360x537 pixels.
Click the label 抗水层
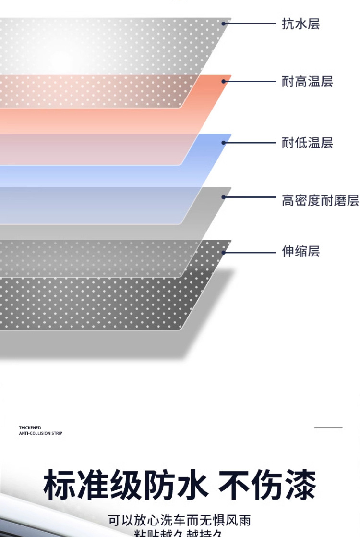[x=300, y=24]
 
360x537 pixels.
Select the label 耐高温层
[x=307, y=82]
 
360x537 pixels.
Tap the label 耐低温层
[x=307, y=143]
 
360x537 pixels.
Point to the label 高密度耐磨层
[x=320, y=200]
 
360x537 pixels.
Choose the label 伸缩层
[x=300, y=251]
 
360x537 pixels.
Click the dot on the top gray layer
[x=224, y=23]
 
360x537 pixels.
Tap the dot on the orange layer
[x=224, y=81]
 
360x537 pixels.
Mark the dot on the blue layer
[x=224, y=143]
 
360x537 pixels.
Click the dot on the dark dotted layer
[x=224, y=252]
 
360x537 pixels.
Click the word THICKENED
[x=30, y=428]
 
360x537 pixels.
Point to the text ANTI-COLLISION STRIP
[x=41, y=433]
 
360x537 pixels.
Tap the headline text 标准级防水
[x=126, y=486]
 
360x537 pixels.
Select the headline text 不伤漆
[x=267, y=486]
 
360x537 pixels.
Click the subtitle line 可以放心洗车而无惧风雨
[x=180, y=521]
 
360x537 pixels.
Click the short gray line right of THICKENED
[x=328, y=427]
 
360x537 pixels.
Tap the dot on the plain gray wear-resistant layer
[x=224, y=197]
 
